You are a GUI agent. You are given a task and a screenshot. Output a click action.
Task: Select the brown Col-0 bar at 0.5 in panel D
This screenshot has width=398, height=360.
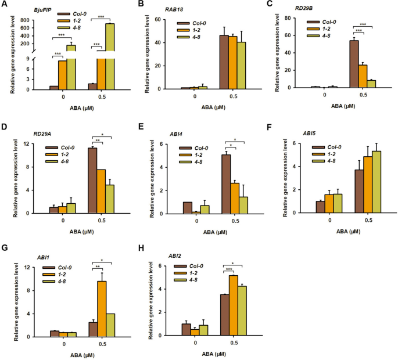pyautogui.click(x=92, y=181)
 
